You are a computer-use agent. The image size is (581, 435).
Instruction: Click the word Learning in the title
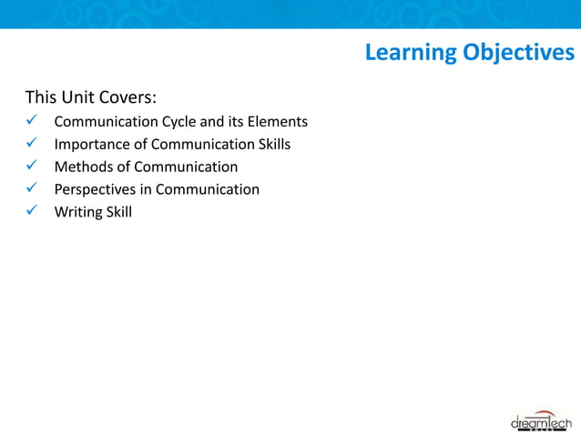click(x=411, y=53)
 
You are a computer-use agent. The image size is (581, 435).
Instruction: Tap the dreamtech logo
click(x=540, y=421)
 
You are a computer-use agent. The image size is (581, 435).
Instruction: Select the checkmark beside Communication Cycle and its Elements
click(x=32, y=121)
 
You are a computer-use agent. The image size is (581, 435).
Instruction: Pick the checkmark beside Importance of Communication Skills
click(x=32, y=144)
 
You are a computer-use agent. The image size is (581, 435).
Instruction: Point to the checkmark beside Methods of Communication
click(x=32, y=167)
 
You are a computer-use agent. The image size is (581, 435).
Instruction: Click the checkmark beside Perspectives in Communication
click(x=32, y=189)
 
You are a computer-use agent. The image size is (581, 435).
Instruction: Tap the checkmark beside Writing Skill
click(x=32, y=212)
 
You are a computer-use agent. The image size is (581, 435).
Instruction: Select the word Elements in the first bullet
click(x=278, y=121)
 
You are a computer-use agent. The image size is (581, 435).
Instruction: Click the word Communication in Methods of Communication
click(x=186, y=167)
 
